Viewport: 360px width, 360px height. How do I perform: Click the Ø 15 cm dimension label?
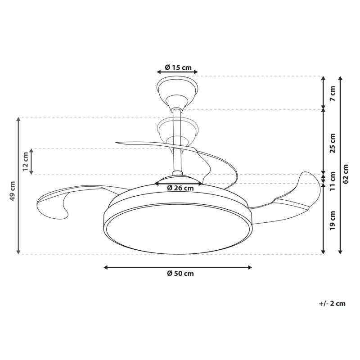tap(178, 67)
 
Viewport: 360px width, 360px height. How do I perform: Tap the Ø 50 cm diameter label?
tap(180, 274)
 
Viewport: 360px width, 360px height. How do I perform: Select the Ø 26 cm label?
tap(180, 188)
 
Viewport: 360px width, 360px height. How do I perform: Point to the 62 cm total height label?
tap(346, 174)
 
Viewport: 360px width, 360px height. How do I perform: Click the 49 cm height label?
tap(13, 191)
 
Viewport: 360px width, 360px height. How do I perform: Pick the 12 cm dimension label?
tap(25, 162)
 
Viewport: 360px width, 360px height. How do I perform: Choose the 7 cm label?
tap(333, 93)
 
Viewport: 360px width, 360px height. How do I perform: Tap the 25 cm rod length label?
tap(333, 143)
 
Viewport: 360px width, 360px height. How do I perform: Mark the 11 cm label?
tap(333, 181)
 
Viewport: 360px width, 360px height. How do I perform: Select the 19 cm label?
tap(333, 220)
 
